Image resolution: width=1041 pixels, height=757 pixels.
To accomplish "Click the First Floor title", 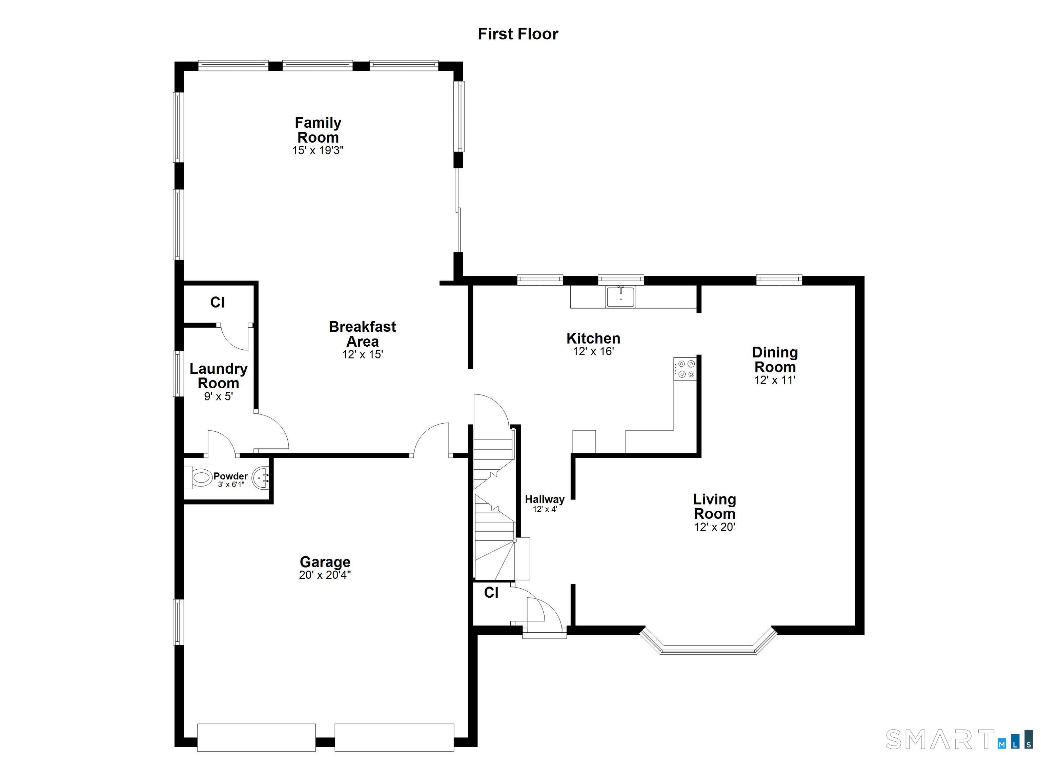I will tap(518, 34).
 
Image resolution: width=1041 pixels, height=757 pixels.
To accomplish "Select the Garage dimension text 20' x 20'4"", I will tap(325, 575).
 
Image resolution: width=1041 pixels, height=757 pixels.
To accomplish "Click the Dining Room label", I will tap(775, 360).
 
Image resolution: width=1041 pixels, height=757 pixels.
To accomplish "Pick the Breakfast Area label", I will tap(362, 334).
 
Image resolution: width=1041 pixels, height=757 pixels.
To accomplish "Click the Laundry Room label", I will tap(219, 375).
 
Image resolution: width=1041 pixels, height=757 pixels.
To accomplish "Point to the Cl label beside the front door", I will tap(491, 593).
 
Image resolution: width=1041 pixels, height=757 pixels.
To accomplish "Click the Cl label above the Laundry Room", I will tap(217, 302).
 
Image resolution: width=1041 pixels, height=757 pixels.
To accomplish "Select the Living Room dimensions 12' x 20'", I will tap(714, 527).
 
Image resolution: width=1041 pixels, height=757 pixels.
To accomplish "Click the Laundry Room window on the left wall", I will tap(178, 373).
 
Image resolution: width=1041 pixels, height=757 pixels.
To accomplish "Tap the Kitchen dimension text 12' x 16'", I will tap(593, 352).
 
